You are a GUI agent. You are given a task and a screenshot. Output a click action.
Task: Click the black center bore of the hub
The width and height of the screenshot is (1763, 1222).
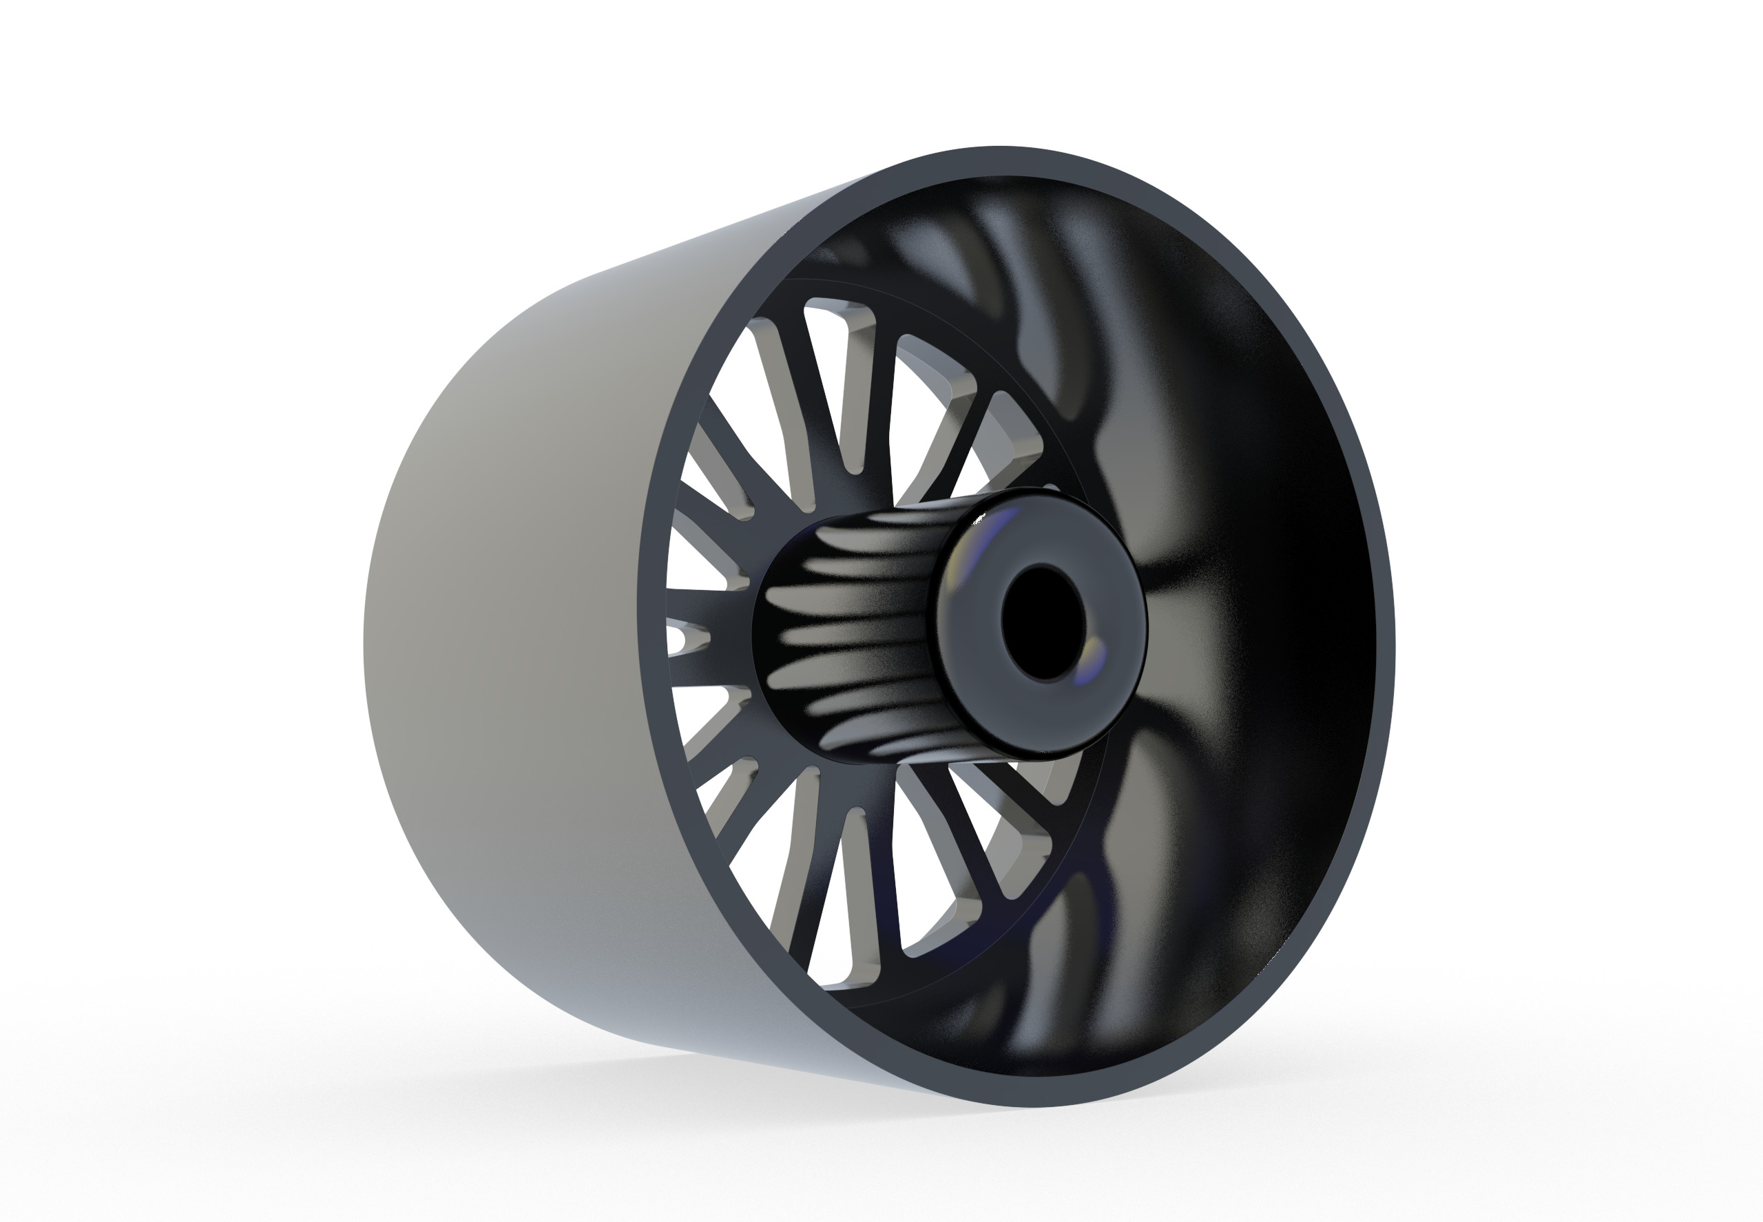[x=1043, y=622]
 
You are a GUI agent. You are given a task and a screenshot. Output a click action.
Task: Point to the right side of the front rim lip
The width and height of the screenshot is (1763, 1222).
[x=1383, y=643]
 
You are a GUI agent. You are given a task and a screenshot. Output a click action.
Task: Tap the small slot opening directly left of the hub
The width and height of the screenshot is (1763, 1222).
[x=685, y=635]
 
